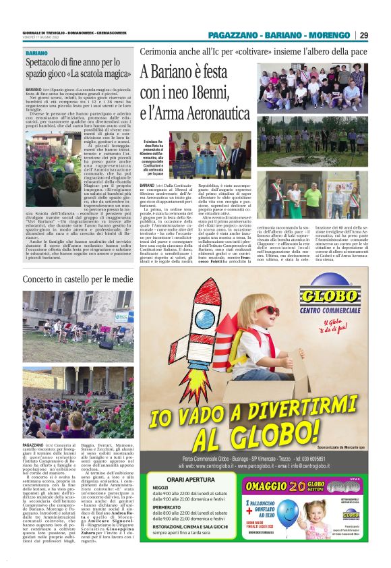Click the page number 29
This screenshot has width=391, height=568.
click(x=363, y=35)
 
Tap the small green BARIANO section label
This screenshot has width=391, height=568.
click(x=36, y=53)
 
